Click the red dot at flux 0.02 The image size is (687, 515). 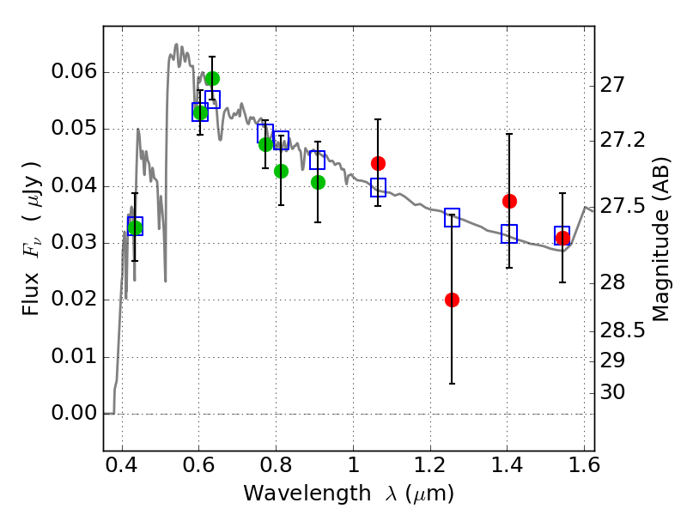[x=452, y=300]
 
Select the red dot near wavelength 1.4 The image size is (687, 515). [x=509, y=202]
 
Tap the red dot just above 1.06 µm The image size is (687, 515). [x=378, y=163]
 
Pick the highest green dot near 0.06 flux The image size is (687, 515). [x=212, y=79]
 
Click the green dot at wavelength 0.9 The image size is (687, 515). [x=318, y=182]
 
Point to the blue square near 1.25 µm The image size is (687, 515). [x=452, y=218]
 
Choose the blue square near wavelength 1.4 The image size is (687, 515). [x=509, y=233]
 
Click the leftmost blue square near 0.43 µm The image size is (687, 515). [x=135, y=226]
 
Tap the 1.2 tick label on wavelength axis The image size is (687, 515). [x=430, y=465]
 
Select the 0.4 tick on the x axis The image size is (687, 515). [x=122, y=465]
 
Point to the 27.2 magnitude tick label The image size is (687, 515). [x=622, y=140]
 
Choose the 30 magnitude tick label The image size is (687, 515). [x=612, y=392]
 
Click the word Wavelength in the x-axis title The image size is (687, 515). [x=307, y=494]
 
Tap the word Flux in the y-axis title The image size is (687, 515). [x=31, y=294]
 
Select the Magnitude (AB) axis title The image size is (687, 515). [x=661, y=239]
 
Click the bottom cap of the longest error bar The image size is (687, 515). [x=452, y=384]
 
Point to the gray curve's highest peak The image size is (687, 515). [x=176, y=44]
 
